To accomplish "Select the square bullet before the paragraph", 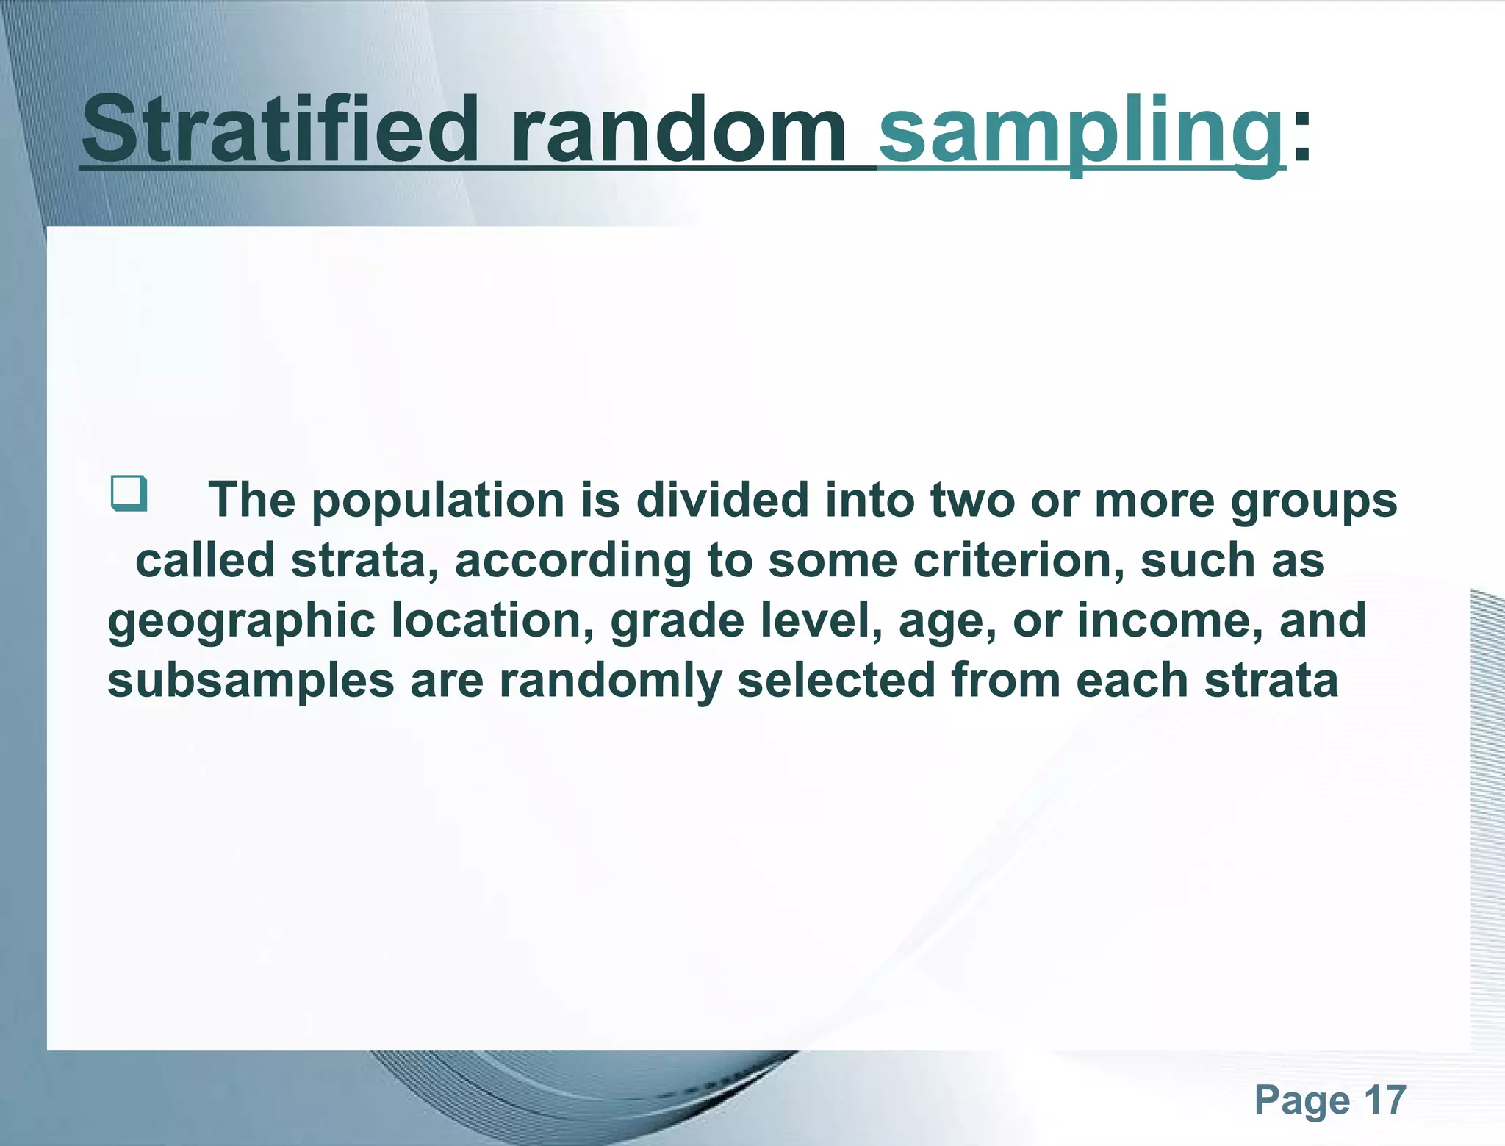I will [129, 493].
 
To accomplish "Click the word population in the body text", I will [438, 501].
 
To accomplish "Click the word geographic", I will [242, 622].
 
